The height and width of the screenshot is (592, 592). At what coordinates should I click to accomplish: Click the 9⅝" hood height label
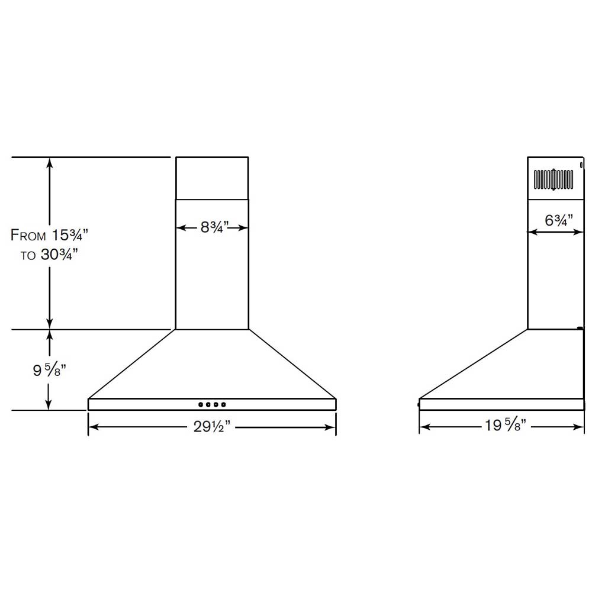pyautogui.click(x=49, y=371)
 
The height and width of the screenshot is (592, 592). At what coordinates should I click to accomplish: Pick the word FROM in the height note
pyautogui.click(x=28, y=235)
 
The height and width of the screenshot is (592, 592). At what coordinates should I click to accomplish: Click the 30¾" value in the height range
pyautogui.click(x=59, y=256)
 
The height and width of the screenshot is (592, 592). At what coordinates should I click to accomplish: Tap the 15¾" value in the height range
pyautogui.click(x=69, y=234)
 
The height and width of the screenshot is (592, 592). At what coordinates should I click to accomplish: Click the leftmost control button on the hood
pyautogui.click(x=201, y=405)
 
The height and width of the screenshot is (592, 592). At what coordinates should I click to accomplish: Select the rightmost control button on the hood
pyautogui.click(x=224, y=405)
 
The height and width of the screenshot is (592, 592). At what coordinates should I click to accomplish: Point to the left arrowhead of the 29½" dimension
pyautogui.click(x=92, y=427)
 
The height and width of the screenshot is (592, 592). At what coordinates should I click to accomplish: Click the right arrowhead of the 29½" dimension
pyautogui.click(x=333, y=427)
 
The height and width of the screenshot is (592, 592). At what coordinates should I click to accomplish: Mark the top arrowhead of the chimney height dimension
pyautogui.click(x=50, y=162)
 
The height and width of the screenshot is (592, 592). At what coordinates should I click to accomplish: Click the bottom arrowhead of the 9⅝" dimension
pyautogui.click(x=50, y=406)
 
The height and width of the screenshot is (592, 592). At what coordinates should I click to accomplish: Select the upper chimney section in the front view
pyautogui.click(x=212, y=178)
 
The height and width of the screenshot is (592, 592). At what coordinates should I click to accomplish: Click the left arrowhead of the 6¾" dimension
pyautogui.click(x=531, y=233)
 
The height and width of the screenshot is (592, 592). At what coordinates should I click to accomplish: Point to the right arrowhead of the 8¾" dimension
pyautogui.click(x=244, y=227)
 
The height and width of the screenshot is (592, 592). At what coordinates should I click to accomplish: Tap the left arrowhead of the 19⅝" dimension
pyautogui.click(x=423, y=426)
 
